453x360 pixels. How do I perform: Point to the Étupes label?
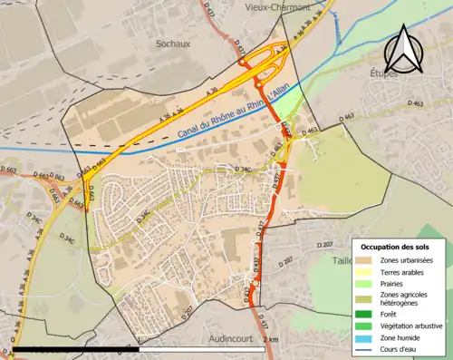click(x=384, y=73)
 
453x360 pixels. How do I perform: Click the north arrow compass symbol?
click(x=406, y=44)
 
